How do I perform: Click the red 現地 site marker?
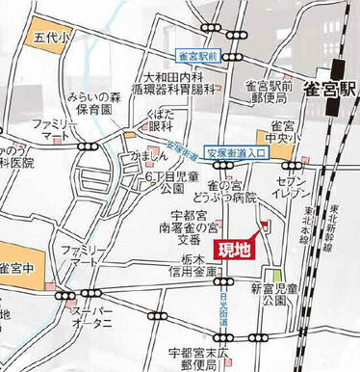(x=235, y=250)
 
